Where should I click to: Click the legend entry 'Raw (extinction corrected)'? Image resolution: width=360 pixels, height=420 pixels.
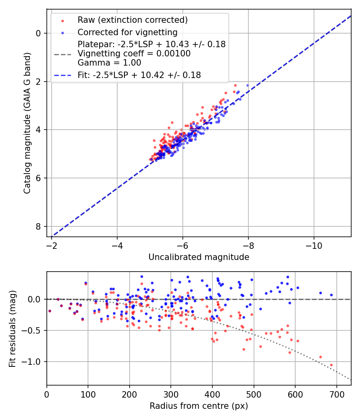coord(132,20)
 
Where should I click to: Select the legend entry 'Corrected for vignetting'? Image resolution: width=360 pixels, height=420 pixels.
coord(127,32)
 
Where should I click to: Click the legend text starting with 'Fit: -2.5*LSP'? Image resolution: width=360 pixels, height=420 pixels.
coord(139,75)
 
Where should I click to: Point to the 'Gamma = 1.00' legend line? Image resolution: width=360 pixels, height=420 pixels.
coord(109,62)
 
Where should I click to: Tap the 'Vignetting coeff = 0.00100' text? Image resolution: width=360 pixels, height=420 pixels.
coord(134,54)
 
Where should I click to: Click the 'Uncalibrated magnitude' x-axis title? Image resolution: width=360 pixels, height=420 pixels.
coord(199,257)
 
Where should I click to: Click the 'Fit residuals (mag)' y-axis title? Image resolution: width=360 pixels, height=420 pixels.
coord(12,328)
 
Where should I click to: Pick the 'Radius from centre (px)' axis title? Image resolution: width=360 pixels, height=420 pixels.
coord(199,406)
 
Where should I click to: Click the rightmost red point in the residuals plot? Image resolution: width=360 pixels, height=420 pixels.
coord(331,365)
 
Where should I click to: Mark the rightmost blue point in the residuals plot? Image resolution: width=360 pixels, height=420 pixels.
coord(331,295)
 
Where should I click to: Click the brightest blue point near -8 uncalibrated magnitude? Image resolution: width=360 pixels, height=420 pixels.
coord(248,85)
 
